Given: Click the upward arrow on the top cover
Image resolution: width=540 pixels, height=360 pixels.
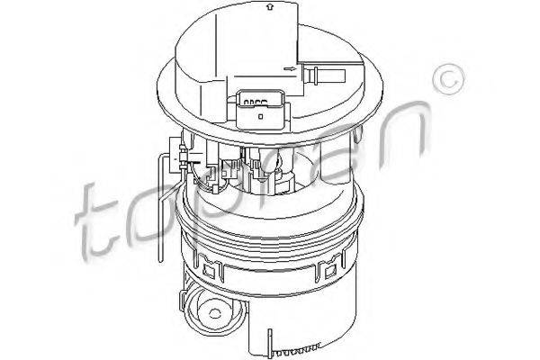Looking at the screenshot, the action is click(x=270, y=7).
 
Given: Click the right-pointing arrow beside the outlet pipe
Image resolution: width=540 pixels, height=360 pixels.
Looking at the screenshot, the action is click(x=290, y=69).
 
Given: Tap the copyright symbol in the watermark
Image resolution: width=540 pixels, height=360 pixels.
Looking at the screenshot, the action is click(x=448, y=80).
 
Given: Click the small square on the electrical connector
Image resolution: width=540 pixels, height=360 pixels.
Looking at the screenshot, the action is click(x=261, y=116).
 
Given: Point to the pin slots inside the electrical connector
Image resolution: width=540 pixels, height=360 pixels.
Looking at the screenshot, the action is click(x=256, y=103).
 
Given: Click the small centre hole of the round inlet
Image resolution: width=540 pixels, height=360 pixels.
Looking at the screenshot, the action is click(x=214, y=313).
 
